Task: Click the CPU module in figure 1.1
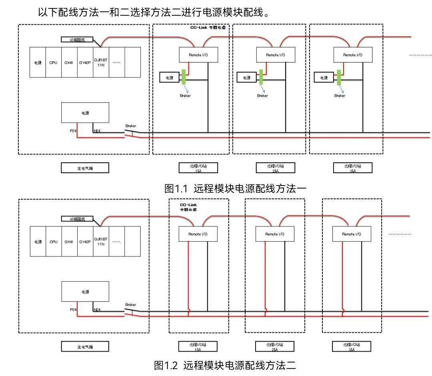point(53,63)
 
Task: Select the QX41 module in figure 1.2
point(69,242)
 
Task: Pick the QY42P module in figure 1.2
point(85,242)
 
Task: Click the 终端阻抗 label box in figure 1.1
point(77,40)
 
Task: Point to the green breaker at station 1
point(184,77)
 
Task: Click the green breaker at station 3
point(339,77)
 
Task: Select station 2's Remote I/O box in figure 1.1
point(275,55)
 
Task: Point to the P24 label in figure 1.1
point(74,130)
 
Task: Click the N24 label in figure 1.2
point(97,309)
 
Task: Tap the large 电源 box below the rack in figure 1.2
point(85,291)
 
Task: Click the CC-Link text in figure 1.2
point(188,205)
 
